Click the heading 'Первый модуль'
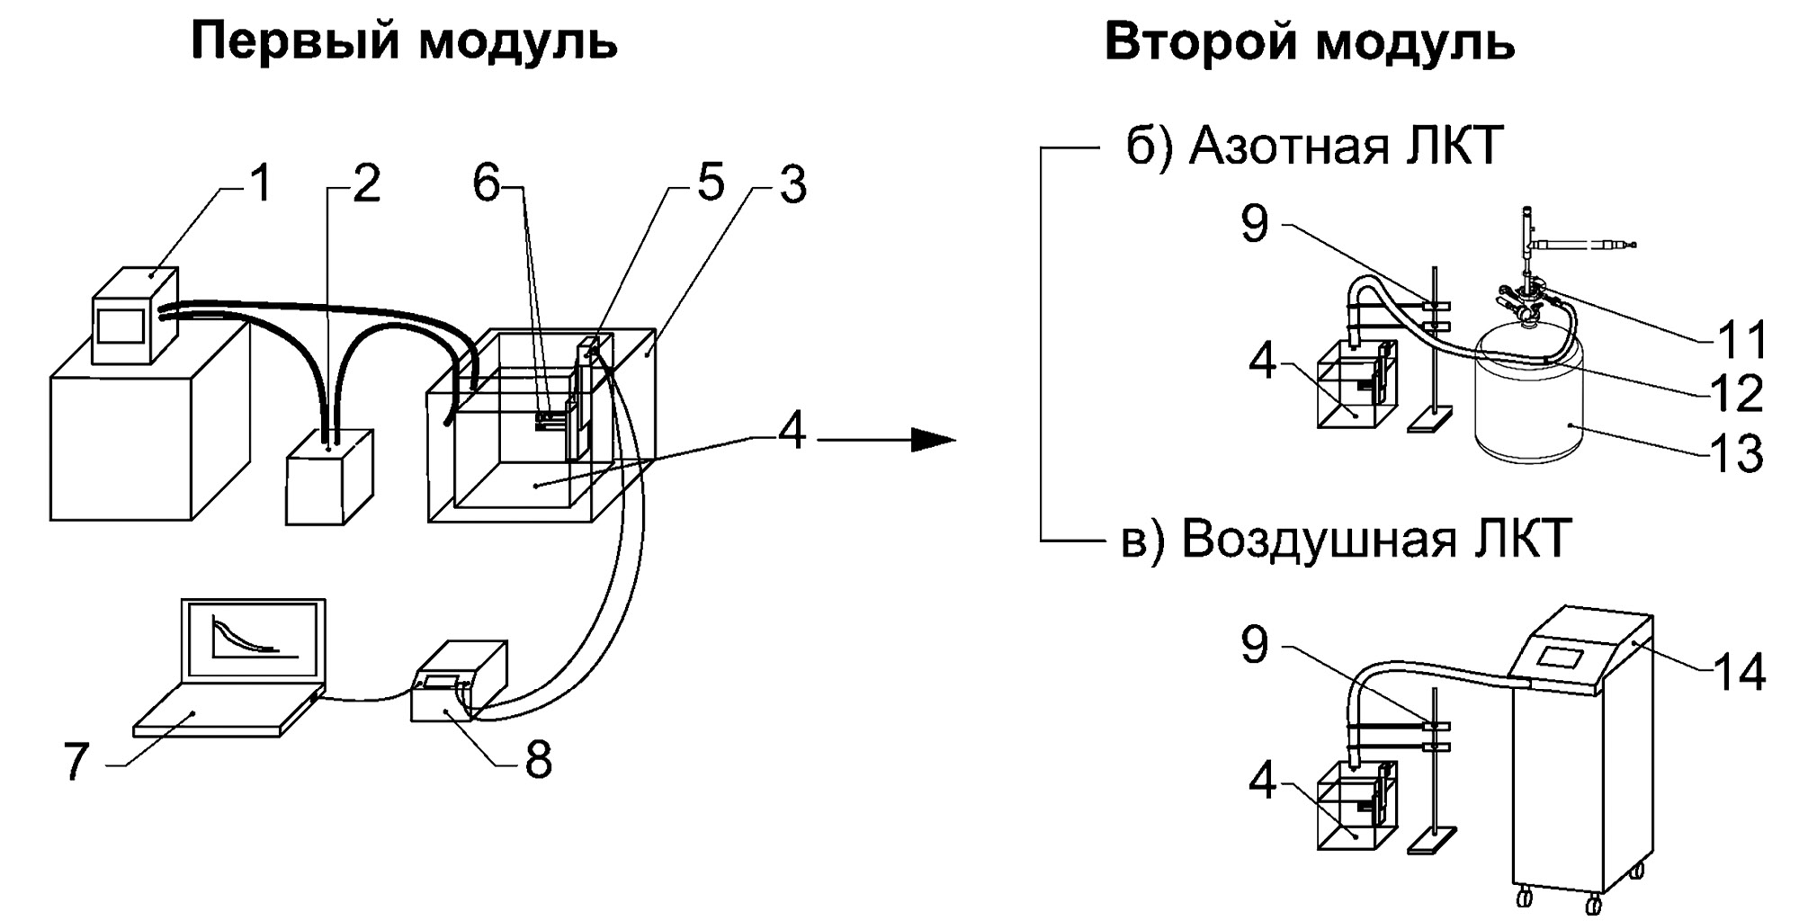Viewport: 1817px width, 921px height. pos(404,41)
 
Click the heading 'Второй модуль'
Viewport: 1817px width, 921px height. pos(1310,41)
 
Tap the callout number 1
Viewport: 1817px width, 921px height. pos(260,183)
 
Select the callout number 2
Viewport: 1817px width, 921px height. pos(365,184)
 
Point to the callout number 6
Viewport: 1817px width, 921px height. pos(486,183)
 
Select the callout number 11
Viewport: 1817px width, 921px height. pos(1742,340)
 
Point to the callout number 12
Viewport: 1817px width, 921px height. pos(1736,393)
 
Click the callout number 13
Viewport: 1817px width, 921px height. pos(1736,453)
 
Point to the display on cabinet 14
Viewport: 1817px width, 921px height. pos(1560,657)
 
